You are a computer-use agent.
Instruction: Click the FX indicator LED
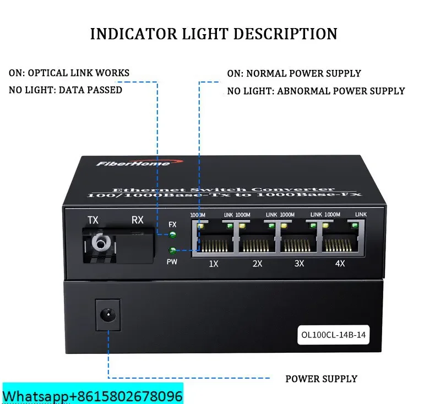173,236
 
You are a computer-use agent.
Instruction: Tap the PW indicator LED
173,252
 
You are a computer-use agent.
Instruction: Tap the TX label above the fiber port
93,220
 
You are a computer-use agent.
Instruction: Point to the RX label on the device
137,220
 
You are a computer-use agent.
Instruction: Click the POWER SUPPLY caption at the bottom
321,379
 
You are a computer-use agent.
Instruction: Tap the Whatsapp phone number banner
93,396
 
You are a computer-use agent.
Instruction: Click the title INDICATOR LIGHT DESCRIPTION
214,34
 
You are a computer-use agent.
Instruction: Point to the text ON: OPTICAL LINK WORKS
69,73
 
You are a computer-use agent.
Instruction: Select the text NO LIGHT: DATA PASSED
66,90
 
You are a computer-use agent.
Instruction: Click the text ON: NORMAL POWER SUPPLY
294,73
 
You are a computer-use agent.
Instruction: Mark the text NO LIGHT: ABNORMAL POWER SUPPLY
316,91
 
